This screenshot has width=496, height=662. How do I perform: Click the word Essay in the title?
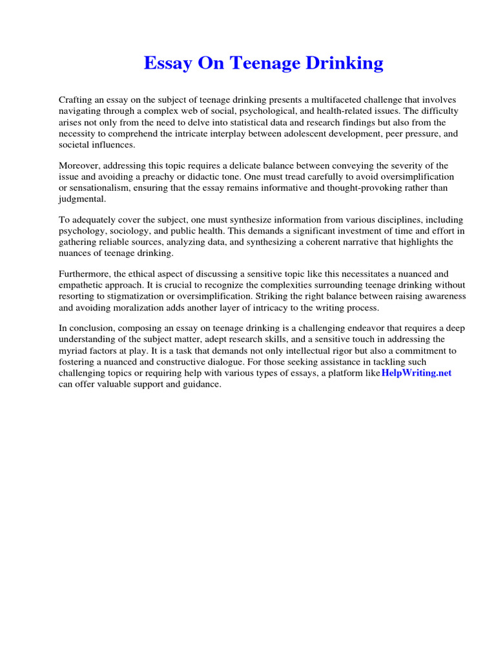coord(165,63)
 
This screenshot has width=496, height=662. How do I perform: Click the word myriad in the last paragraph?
coord(74,351)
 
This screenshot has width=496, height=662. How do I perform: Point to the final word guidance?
coord(200,384)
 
